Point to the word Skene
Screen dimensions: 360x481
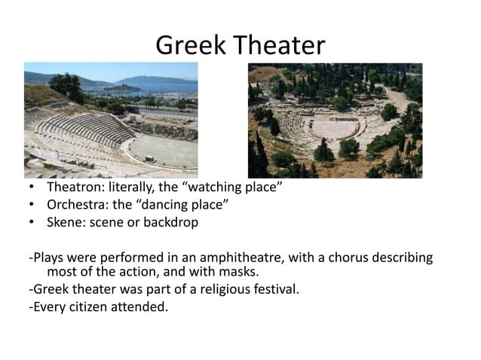(65, 223)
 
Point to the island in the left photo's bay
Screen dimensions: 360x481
(121, 88)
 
